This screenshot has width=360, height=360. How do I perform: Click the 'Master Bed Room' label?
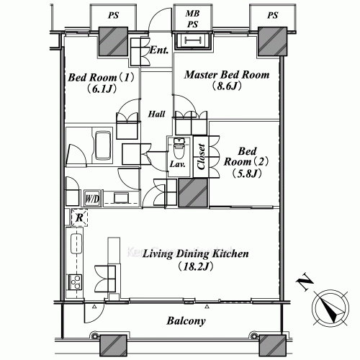point(227,75)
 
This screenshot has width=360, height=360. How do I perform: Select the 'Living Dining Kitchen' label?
point(195,254)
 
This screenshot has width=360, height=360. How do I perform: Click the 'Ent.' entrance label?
point(159,50)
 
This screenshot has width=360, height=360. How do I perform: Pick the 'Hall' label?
point(157,114)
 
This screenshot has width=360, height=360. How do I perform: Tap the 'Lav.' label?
point(178,165)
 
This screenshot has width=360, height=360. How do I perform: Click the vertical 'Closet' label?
point(202,153)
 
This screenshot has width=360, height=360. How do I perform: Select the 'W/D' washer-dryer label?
point(92,198)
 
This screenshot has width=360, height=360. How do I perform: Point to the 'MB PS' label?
point(192,18)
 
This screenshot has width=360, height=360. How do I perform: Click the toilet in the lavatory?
point(179,148)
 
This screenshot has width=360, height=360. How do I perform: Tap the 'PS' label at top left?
point(113,13)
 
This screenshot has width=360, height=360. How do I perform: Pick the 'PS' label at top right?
point(271,13)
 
